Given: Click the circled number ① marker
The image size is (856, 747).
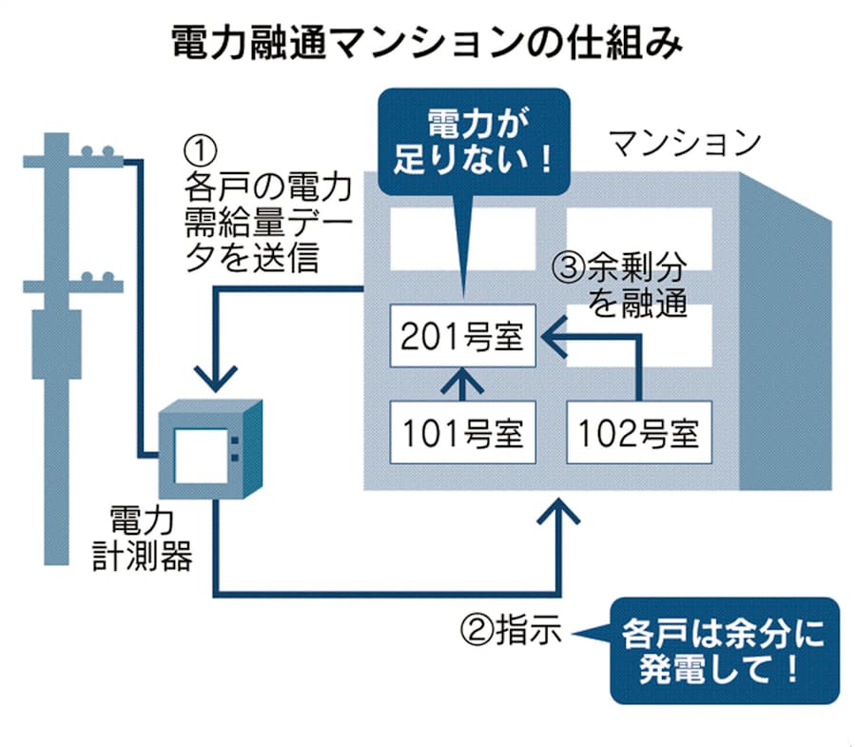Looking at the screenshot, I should pyautogui.click(x=201, y=148).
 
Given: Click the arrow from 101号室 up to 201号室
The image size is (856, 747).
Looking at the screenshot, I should pyautogui.click(x=463, y=385).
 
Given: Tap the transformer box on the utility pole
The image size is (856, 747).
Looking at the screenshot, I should pyautogui.click(x=60, y=344).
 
